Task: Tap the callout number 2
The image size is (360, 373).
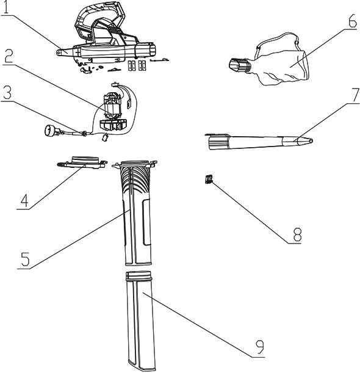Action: (x=9, y=55)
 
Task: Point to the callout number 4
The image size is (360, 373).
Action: (x=24, y=200)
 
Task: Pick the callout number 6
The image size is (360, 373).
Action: (x=353, y=21)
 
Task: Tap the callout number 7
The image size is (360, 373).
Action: (x=355, y=95)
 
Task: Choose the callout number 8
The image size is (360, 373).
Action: (x=297, y=234)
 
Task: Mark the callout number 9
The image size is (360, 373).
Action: (x=260, y=347)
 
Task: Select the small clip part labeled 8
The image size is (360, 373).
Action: (x=208, y=179)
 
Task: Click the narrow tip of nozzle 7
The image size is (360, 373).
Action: (x=309, y=140)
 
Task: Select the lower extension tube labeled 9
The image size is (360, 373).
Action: (x=141, y=320)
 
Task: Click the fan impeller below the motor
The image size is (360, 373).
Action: (x=113, y=125)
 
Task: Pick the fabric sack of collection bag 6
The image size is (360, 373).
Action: (x=283, y=60)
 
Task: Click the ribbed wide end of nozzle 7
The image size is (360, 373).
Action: (x=218, y=142)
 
